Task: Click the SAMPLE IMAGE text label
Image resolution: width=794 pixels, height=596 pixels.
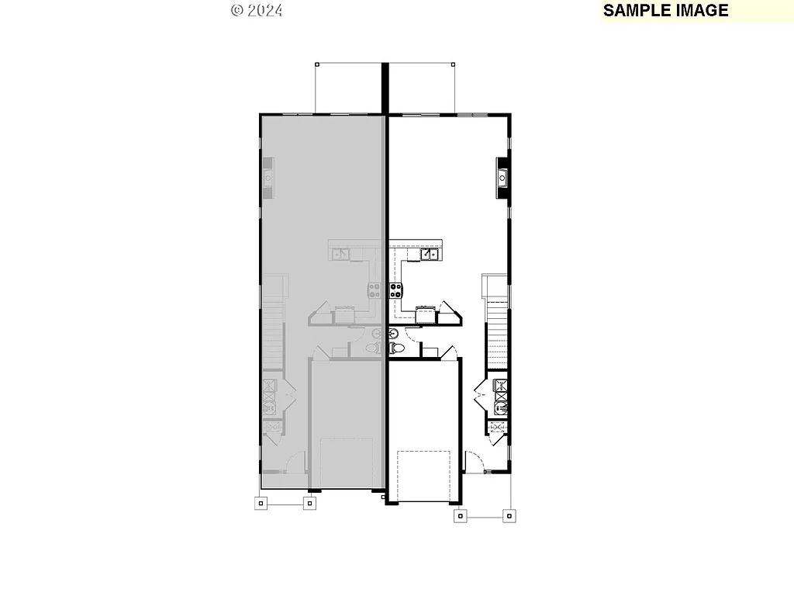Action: pos(665,11)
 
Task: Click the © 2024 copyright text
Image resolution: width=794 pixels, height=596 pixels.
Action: pos(257,11)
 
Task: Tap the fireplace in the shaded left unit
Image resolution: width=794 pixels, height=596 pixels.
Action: pos(268,176)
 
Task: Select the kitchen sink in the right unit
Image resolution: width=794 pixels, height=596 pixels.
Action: pos(430,254)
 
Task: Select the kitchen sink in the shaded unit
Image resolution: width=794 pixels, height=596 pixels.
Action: pos(341,254)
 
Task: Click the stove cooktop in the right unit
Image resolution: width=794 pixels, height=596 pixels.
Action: pos(396,292)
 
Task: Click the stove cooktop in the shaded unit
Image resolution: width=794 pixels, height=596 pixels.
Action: pos(375,292)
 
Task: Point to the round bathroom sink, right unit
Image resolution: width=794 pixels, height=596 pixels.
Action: pos(392,334)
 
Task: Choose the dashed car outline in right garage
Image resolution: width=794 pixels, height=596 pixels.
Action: pos(424,474)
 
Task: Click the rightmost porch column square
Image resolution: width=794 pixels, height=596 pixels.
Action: pos(509,515)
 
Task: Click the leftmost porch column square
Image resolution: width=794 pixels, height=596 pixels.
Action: pos(261,503)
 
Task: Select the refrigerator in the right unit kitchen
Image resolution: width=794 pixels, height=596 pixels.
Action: pos(425,314)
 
